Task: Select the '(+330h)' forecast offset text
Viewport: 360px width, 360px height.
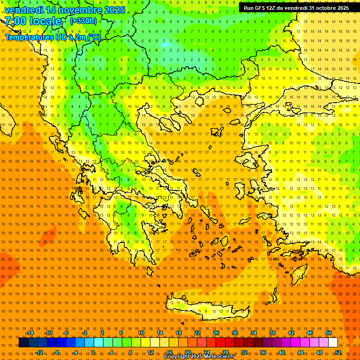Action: (x=83, y=21)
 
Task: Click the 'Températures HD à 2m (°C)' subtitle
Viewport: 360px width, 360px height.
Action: (x=52, y=37)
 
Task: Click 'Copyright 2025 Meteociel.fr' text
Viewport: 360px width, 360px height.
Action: (x=199, y=357)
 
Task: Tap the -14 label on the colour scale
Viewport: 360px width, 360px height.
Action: (x=30, y=333)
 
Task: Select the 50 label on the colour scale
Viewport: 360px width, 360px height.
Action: (x=329, y=333)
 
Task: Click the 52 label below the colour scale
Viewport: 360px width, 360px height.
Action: (x=338, y=352)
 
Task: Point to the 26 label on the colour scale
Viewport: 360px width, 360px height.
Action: (x=216, y=333)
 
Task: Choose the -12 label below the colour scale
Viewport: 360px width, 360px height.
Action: (x=39, y=352)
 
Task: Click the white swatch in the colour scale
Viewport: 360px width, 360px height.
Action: (x=333, y=343)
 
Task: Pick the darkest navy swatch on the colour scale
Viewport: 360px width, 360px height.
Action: (x=23, y=343)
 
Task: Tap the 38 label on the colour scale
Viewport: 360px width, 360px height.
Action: (x=272, y=333)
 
